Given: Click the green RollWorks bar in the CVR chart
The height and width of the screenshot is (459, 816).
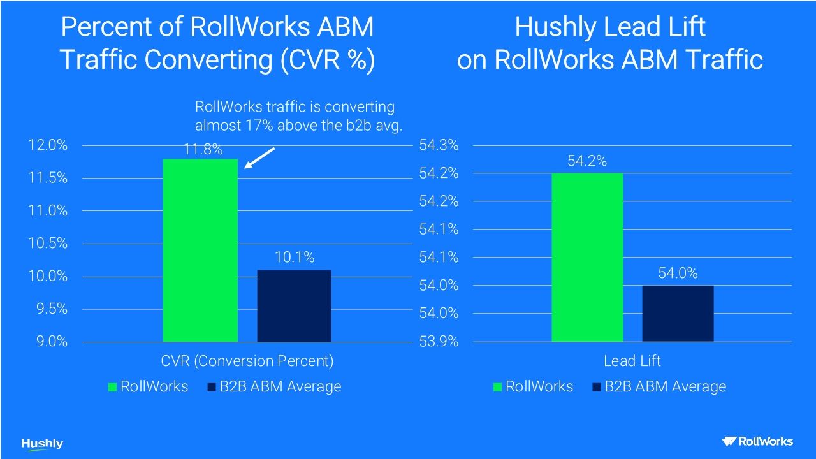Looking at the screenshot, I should tap(200, 250).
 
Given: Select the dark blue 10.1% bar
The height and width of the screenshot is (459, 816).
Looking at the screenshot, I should tap(294, 306).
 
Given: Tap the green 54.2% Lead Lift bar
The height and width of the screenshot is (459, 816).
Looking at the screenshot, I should tap(587, 258).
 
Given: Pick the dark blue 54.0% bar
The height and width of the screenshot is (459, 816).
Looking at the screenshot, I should tap(678, 313).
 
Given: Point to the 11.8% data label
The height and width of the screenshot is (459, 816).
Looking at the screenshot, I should tap(203, 150).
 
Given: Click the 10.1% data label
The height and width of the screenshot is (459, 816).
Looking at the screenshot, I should tap(295, 258).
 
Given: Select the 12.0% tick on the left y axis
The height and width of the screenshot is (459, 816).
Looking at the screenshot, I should tap(48, 145).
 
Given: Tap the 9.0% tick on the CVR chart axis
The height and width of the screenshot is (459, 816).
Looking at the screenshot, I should tap(51, 342).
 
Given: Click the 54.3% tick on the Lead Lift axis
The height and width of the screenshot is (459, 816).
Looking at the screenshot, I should tap(439, 145).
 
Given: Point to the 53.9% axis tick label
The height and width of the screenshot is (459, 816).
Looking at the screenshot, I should tap(439, 342).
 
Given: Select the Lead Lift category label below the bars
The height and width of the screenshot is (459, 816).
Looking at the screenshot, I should tap(632, 361).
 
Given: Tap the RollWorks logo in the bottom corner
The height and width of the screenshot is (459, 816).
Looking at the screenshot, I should tap(757, 441).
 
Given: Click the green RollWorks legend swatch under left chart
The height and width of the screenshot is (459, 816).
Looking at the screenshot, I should tap(113, 387).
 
